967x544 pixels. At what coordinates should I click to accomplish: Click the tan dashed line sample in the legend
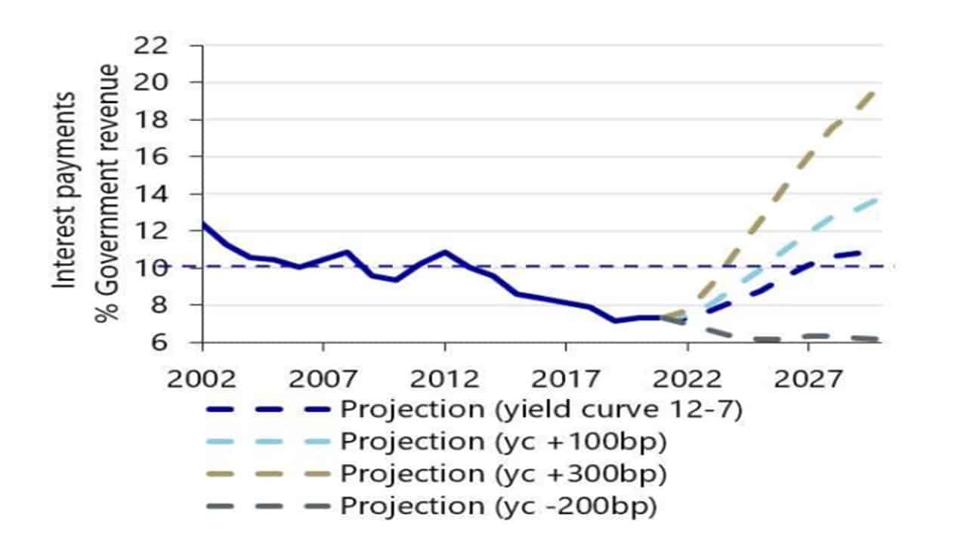[x=267, y=474]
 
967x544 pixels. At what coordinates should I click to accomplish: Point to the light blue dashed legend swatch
[x=267, y=441]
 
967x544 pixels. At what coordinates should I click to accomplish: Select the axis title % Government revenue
[x=108, y=193]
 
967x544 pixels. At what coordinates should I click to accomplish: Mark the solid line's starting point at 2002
[x=203, y=224]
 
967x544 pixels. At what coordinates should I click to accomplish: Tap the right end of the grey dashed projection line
[x=876, y=339]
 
